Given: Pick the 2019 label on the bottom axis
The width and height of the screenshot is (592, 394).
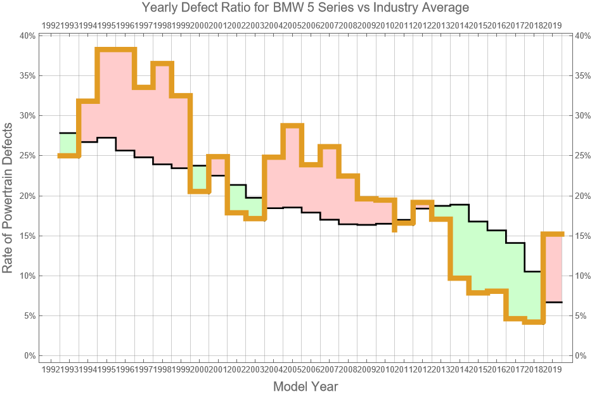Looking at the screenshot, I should [x=553, y=369].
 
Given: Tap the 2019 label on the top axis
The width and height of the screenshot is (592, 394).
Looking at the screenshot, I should [x=553, y=25].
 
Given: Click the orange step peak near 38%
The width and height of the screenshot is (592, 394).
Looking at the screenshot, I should [x=115, y=49].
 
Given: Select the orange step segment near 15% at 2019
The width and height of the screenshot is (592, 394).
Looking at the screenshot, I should [x=553, y=234].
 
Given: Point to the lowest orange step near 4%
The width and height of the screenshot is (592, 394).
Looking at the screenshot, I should [x=534, y=322].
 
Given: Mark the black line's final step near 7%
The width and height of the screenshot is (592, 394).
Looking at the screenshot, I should [x=553, y=302].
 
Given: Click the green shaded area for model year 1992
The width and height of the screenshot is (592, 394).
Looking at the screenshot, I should [x=68, y=144].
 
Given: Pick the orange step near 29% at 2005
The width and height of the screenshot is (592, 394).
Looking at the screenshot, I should [x=292, y=125].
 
